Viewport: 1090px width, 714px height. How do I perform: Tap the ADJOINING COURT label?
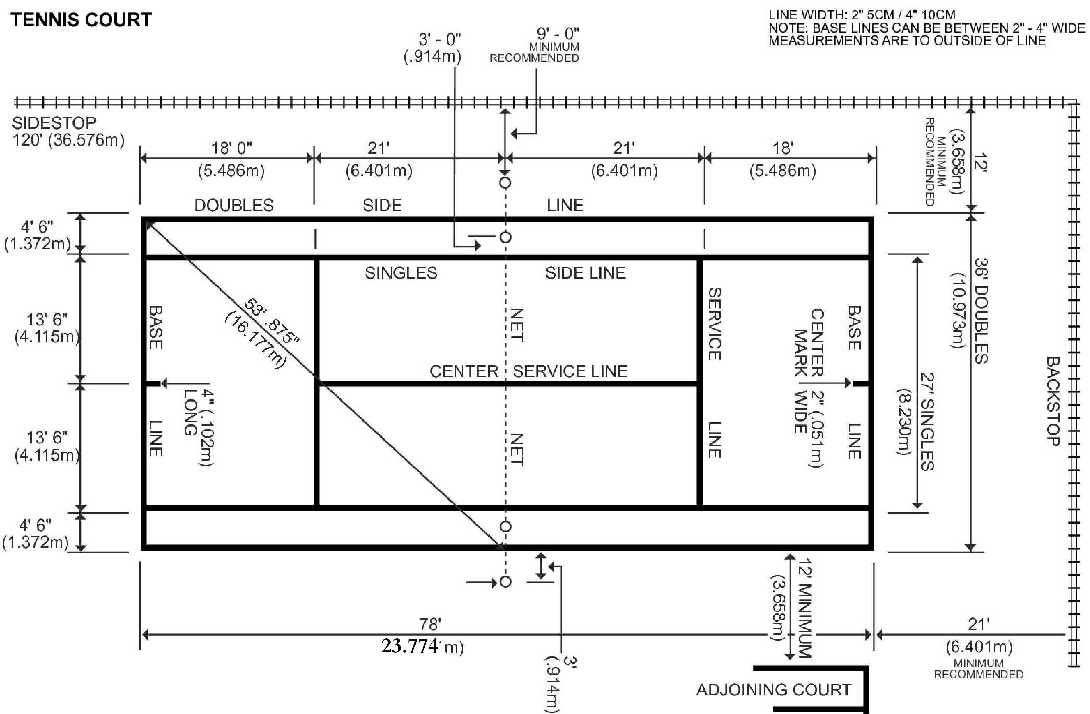tap(773, 689)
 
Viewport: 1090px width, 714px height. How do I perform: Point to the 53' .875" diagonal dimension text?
tap(272, 321)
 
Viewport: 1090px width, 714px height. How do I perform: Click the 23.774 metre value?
tap(410, 646)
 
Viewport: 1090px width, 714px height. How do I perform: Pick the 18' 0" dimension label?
tap(232, 148)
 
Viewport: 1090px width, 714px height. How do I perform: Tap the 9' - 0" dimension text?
tap(558, 34)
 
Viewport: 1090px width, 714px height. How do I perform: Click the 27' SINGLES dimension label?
tap(927, 422)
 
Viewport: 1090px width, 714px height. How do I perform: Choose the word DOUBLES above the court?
tap(234, 205)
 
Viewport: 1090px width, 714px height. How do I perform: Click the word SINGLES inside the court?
tap(401, 273)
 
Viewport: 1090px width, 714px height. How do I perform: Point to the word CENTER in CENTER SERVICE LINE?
tap(464, 371)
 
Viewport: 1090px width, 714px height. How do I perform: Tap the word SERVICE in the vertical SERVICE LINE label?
tap(715, 324)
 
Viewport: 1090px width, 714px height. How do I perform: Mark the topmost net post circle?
tap(505, 183)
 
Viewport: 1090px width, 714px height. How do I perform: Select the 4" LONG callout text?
tap(199, 427)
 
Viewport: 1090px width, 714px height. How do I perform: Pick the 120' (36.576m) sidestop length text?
tap(68, 140)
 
